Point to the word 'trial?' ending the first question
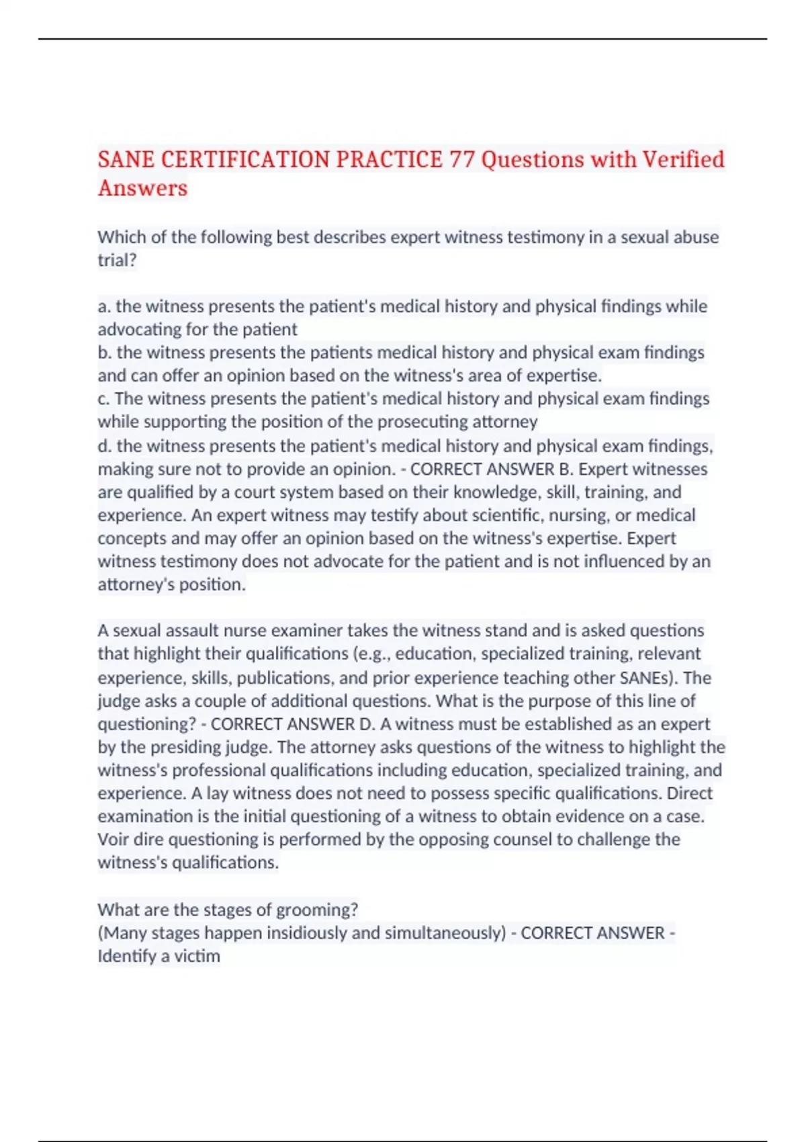point(117,260)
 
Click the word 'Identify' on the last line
point(124,956)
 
